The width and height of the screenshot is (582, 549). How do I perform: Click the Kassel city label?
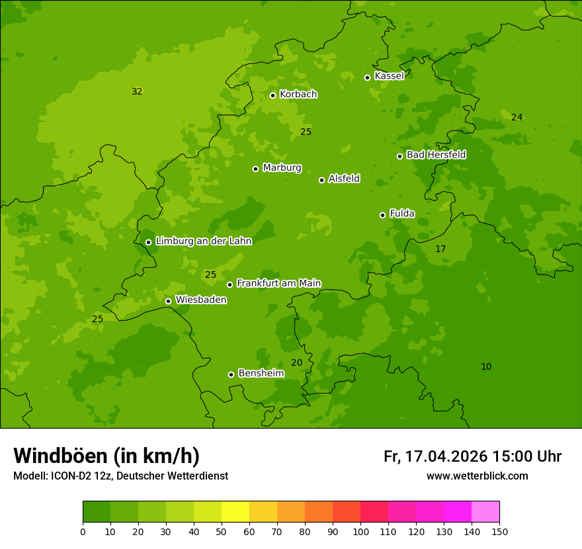389,76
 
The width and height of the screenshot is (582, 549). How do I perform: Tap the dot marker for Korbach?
272,95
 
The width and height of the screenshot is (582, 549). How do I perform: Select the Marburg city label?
282,168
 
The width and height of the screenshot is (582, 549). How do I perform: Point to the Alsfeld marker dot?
321,180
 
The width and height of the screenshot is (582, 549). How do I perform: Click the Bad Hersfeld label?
436,155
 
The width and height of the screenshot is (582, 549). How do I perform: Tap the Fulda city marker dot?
382,215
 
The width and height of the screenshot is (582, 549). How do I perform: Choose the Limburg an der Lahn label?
203,241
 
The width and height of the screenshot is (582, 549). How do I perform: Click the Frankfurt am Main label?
278,283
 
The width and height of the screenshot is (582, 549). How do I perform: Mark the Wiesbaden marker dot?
168,301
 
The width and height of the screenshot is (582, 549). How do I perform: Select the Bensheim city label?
261,373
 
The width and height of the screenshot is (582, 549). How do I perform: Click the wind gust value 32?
137,91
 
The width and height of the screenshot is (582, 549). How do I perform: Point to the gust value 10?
486,366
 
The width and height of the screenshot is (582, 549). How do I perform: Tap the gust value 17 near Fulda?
440,249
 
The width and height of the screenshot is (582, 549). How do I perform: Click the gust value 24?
517,117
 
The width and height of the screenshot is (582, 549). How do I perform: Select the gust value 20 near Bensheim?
296,362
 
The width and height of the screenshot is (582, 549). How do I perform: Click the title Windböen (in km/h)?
106,456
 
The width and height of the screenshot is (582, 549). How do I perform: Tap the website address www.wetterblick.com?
477,476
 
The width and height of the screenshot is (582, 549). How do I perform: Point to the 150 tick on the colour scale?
499,531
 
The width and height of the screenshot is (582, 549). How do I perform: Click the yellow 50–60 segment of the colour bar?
235,511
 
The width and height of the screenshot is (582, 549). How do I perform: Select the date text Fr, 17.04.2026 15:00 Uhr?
472,456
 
